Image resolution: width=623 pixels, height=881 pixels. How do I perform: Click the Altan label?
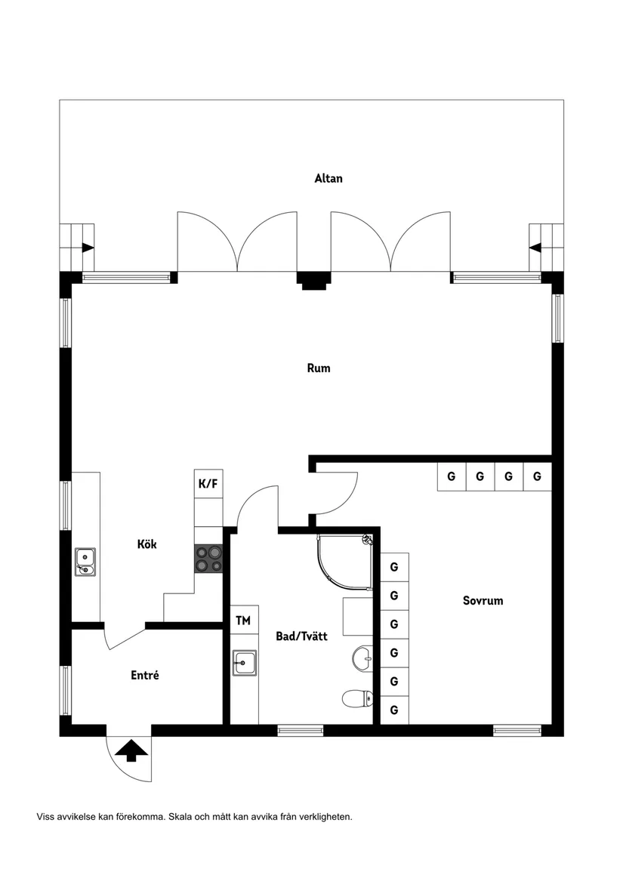pos(328,179)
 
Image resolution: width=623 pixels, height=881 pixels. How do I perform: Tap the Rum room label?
pos(318,368)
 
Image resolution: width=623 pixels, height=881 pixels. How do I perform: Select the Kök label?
pos(146,544)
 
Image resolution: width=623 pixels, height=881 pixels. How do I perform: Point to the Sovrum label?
pos(483,601)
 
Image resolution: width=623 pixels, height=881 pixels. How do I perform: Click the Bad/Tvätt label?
pos(301,636)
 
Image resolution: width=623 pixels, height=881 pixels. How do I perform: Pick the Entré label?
pos(145,676)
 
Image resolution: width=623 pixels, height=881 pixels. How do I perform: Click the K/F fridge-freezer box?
pos(208,484)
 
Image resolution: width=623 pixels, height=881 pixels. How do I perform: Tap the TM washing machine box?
pos(243,621)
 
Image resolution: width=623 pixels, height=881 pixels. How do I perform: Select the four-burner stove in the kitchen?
pos(209,559)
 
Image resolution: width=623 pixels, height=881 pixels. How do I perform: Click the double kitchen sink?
pos(85,562)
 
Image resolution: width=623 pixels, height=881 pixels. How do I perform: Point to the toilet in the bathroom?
pos(357,699)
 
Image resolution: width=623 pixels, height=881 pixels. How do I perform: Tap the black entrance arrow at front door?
pos(131,750)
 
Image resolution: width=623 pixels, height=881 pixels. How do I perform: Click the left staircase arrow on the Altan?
pos(88,247)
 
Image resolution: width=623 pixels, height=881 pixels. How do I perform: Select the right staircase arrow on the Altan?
pos(535,247)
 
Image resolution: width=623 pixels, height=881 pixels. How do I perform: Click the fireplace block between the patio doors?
pos(313,279)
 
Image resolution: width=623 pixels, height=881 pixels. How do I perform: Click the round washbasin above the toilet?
pos(362,658)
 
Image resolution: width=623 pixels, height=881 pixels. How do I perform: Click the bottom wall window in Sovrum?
pos(517,730)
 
